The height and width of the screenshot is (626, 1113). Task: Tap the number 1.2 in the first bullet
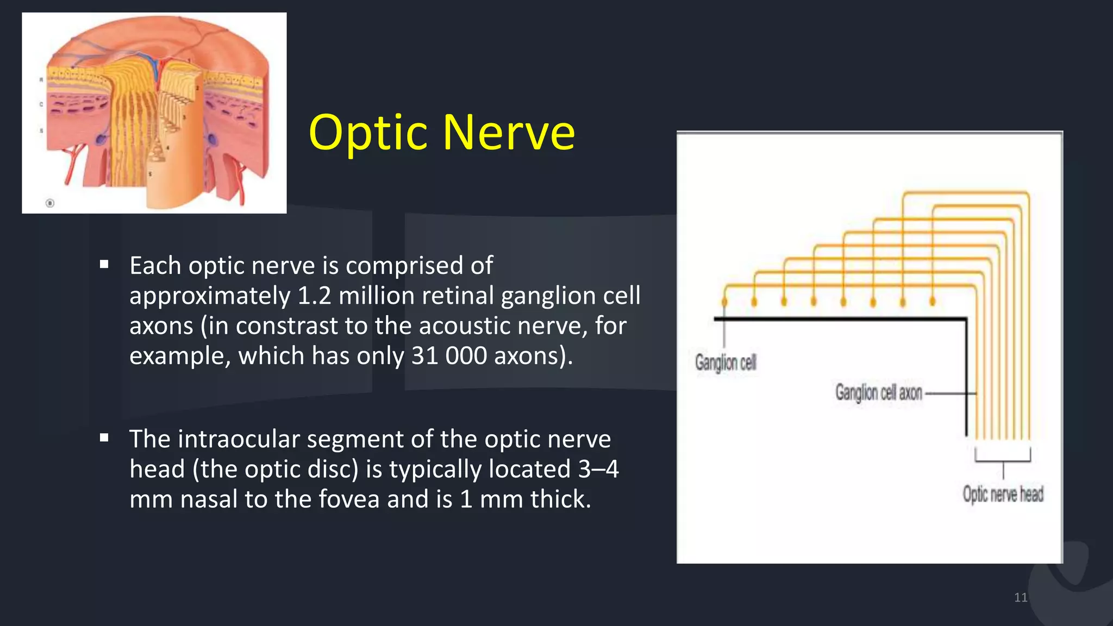[x=315, y=296]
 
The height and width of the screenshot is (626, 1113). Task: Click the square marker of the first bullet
[x=104, y=265]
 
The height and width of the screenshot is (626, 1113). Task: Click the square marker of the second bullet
[x=104, y=438]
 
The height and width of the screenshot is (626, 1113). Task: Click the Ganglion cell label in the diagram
[x=726, y=362]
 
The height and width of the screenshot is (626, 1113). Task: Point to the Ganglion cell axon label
[x=878, y=392]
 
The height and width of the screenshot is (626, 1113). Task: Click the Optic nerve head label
[x=1003, y=494]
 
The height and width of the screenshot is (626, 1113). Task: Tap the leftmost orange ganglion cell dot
[x=724, y=302]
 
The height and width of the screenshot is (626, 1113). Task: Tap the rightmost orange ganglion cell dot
[x=933, y=301]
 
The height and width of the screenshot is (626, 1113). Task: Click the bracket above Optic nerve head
[x=1003, y=460]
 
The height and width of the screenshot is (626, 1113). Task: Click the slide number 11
[x=1021, y=598]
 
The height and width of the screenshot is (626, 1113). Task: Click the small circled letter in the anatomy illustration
[x=50, y=203]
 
